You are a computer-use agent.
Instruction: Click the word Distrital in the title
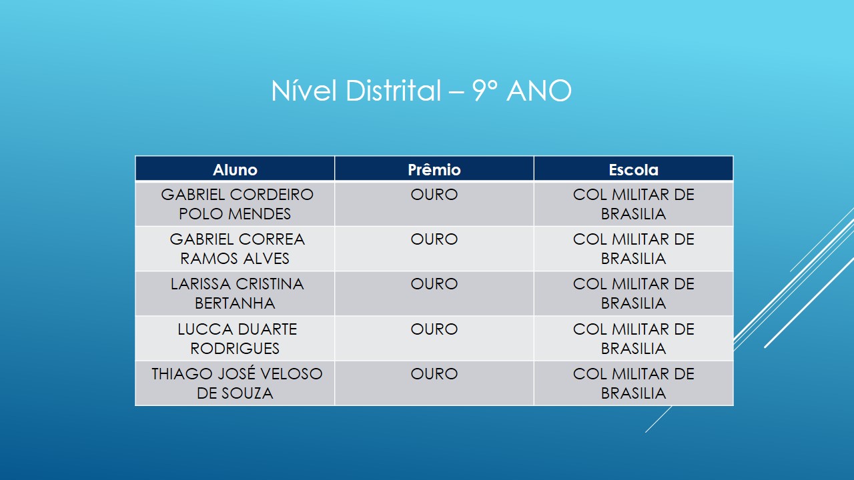[x=393, y=91]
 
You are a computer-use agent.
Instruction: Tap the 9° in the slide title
[x=486, y=91]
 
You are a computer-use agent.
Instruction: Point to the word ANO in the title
[x=539, y=91]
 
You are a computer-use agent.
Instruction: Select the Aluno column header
[x=235, y=170]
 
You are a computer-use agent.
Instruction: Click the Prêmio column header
[x=434, y=170]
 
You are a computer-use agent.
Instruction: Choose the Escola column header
[x=633, y=170]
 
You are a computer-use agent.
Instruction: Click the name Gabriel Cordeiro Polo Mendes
[x=236, y=204]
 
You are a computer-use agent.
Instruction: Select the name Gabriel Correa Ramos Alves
[x=236, y=249]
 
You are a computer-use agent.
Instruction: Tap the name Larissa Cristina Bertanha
[x=236, y=293]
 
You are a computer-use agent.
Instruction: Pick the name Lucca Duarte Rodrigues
[x=236, y=339]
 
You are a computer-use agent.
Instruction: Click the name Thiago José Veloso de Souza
[x=236, y=383]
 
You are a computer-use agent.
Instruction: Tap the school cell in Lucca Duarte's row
[x=633, y=339]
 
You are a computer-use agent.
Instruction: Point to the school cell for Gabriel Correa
[x=633, y=249]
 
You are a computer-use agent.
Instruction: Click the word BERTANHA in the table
[x=235, y=303]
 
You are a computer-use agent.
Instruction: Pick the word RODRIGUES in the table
[x=235, y=349]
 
